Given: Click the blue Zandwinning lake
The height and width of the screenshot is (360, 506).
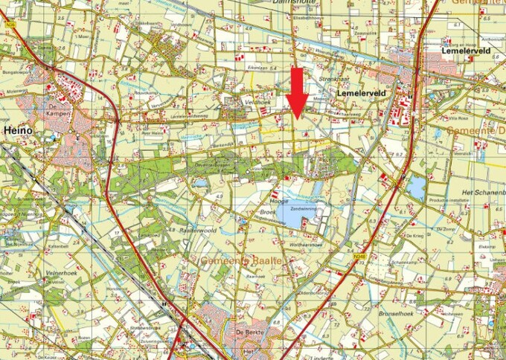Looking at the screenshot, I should [x=300, y=215].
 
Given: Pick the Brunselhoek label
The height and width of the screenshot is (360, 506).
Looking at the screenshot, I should [x=420, y=295].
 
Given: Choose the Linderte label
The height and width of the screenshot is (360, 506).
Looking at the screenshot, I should [x=322, y=356].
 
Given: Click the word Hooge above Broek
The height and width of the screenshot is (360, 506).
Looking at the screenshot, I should [x=280, y=201].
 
